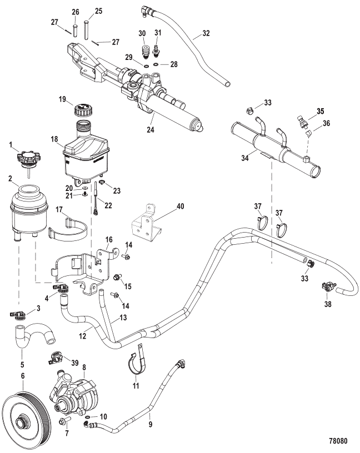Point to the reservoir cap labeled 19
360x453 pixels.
click(x=84, y=107)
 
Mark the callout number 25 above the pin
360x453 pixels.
click(x=98, y=11)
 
